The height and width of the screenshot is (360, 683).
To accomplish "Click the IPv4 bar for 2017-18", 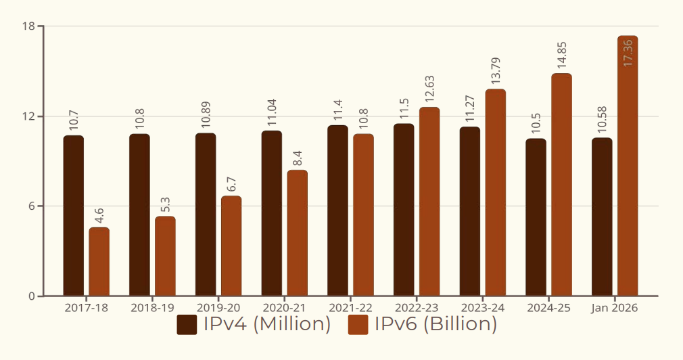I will pos(74,216).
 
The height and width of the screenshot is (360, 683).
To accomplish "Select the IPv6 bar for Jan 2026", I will pos(628,166).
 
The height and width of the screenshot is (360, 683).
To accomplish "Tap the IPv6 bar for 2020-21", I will pos(298,233).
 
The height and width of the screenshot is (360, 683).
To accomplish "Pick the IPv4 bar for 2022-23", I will pos(404,210).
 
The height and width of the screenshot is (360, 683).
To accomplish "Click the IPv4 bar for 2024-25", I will pos(536,217).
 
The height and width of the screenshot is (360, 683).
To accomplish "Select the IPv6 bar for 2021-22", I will pos(363,215).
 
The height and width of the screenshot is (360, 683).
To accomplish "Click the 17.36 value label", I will pos(628,53).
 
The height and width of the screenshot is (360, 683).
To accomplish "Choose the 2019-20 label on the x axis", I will pos(218,307).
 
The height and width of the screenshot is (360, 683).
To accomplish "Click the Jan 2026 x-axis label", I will pos(614,307).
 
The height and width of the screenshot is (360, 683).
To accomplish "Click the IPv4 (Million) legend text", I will pos(267,325).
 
